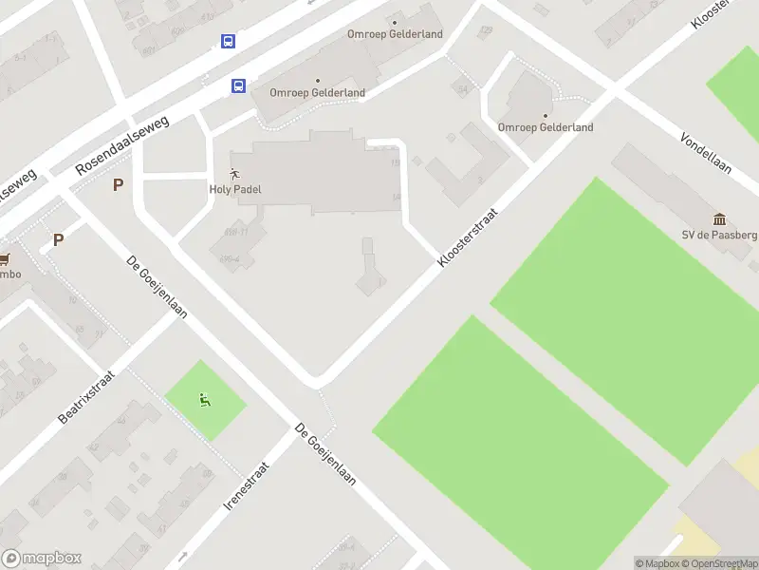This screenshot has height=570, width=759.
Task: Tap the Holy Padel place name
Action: click(x=234, y=189)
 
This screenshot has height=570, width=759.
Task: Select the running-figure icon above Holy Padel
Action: click(x=234, y=174)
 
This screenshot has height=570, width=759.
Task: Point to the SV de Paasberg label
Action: click(x=720, y=236)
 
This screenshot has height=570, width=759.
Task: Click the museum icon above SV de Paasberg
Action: click(x=719, y=219)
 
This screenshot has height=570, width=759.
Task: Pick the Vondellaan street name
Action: click(x=706, y=152)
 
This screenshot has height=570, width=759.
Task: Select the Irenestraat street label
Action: click(x=247, y=486)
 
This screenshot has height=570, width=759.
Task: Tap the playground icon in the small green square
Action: click(x=205, y=400)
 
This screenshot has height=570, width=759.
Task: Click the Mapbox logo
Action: click(x=42, y=559)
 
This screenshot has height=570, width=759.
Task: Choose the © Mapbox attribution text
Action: click(x=657, y=563)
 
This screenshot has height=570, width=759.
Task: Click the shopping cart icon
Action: click(x=4, y=258)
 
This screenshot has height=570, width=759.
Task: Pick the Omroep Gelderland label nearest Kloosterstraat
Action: click(x=546, y=127)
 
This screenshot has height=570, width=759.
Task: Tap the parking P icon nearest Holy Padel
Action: click(x=118, y=185)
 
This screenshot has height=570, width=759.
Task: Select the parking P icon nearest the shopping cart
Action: click(x=58, y=240)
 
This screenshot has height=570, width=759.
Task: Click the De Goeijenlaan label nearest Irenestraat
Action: click(x=325, y=455)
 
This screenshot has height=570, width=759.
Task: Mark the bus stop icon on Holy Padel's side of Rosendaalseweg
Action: click(x=238, y=85)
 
